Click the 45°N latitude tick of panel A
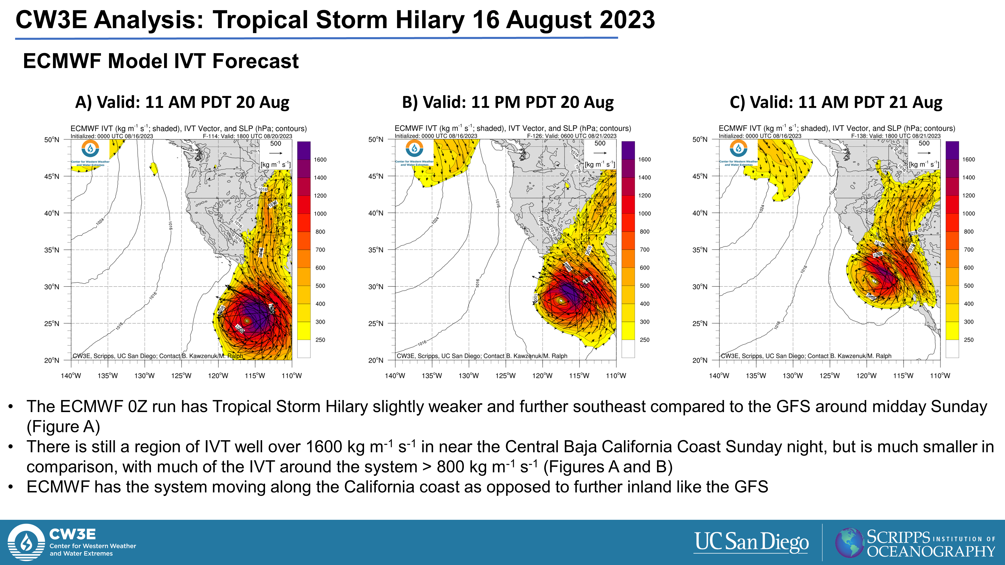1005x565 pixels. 52,176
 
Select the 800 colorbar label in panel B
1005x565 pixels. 644,232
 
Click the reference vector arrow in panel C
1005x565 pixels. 924,153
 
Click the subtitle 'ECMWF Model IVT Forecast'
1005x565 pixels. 161,61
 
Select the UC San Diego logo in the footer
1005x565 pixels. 751,542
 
